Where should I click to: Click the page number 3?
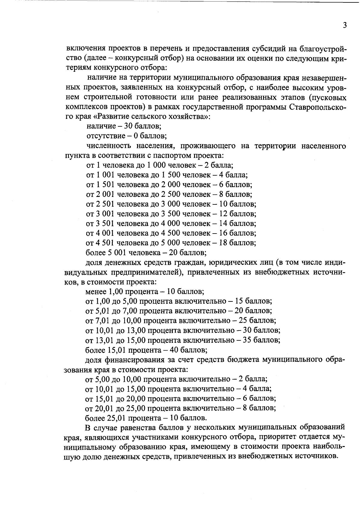point(345,25)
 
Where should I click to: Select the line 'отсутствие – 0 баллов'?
point(126,136)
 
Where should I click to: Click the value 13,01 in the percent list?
point(103,340)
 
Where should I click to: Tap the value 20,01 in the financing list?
point(103,408)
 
